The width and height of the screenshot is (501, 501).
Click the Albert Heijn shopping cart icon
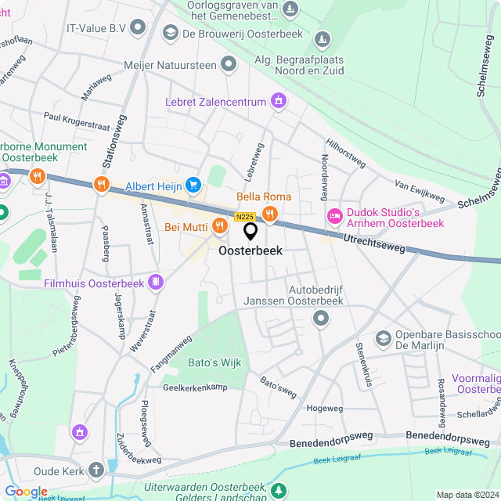193,185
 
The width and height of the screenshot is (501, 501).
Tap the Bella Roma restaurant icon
270,213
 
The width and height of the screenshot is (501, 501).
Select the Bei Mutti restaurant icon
219,226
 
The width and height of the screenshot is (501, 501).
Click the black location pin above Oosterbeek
251,232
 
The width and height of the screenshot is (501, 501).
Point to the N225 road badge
244,217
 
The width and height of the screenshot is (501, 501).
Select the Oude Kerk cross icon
96,470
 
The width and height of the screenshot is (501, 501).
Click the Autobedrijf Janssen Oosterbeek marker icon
320,318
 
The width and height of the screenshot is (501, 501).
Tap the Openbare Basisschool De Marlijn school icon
384,337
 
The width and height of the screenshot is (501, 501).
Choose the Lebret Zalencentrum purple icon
278,100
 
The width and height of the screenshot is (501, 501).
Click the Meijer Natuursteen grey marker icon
229,65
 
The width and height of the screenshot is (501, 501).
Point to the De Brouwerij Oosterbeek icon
170,33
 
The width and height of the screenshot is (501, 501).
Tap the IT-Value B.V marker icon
139,28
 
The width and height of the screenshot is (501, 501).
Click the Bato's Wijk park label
215,362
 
